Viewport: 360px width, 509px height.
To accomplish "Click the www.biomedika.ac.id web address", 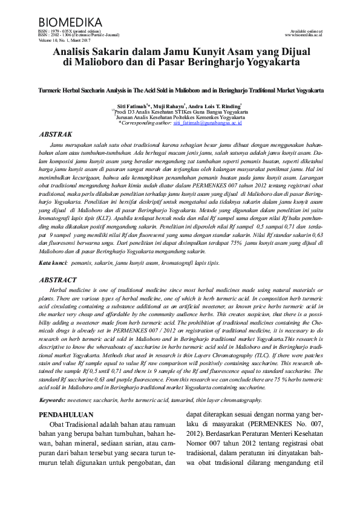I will click(x=304, y=35).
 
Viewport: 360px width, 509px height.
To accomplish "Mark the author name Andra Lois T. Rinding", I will click(x=213, y=106).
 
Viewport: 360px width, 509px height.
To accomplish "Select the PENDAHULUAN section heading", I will click(x=66, y=415).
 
